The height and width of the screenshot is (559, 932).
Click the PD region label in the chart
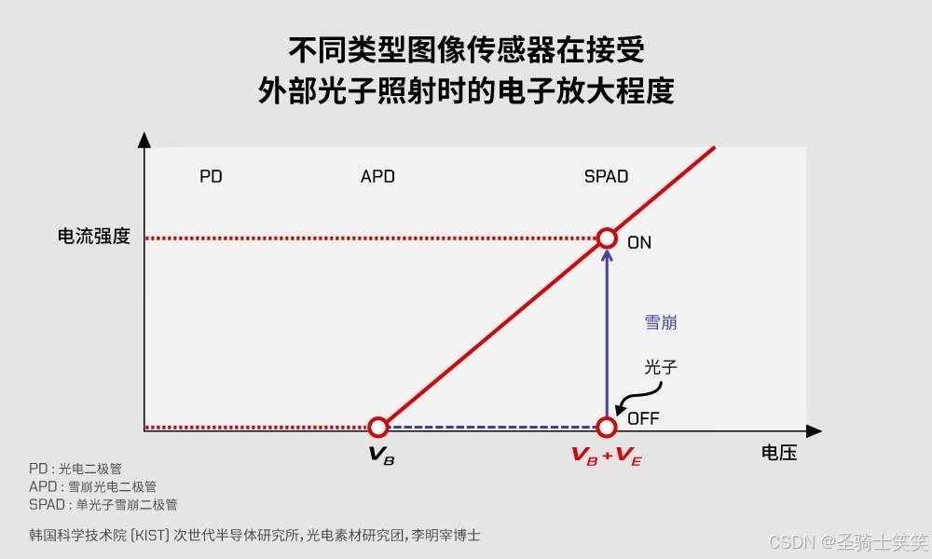[x=212, y=176]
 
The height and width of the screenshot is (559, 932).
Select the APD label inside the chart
[x=377, y=176]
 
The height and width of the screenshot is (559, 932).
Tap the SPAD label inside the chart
[x=606, y=176]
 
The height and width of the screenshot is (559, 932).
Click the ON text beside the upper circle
[x=639, y=242]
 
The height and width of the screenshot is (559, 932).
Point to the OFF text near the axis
[x=643, y=418]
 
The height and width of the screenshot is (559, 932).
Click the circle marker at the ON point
[x=607, y=238]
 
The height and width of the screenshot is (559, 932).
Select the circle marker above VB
[x=377, y=428]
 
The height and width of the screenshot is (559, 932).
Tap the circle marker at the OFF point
[x=607, y=428]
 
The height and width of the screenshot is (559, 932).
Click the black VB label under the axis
[x=381, y=455]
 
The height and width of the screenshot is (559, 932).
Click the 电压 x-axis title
[x=779, y=454]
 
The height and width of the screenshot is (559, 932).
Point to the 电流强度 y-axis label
[x=94, y=237]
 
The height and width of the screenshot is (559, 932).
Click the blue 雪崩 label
[x=661, y=322]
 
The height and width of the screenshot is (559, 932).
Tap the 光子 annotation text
[x=661, y=367]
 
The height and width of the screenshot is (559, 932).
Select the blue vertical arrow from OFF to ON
[x=607, y=335]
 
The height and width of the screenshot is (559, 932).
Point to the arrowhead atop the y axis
[x=144, y=141]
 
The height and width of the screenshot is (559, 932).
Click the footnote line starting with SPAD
[x=103, y=504]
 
